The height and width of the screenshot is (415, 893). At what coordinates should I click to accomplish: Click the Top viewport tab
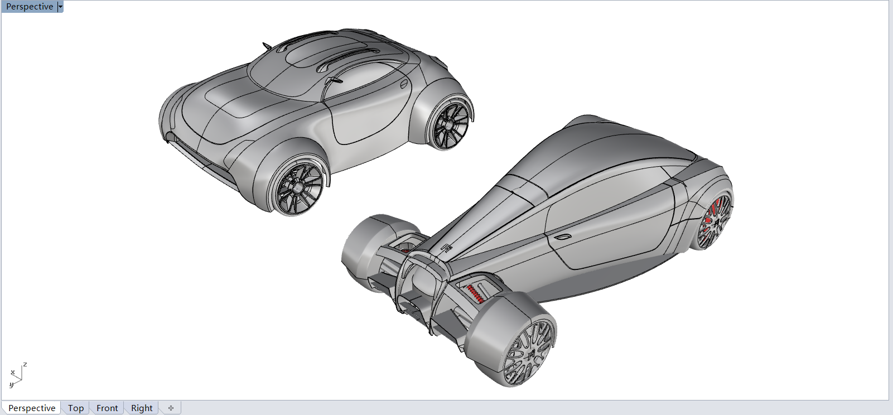76,408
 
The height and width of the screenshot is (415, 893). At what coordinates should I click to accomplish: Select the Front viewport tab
107,408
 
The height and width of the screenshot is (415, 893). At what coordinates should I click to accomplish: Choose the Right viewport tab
142,408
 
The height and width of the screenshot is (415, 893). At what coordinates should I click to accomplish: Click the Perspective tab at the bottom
32,408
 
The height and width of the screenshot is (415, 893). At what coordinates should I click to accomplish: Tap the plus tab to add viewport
171,408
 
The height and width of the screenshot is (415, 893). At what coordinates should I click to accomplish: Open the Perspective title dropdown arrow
60,7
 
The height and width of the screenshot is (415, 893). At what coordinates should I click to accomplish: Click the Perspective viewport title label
30,7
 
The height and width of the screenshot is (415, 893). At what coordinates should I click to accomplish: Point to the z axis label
25,364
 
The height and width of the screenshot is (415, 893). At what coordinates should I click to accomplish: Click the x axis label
13,373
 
